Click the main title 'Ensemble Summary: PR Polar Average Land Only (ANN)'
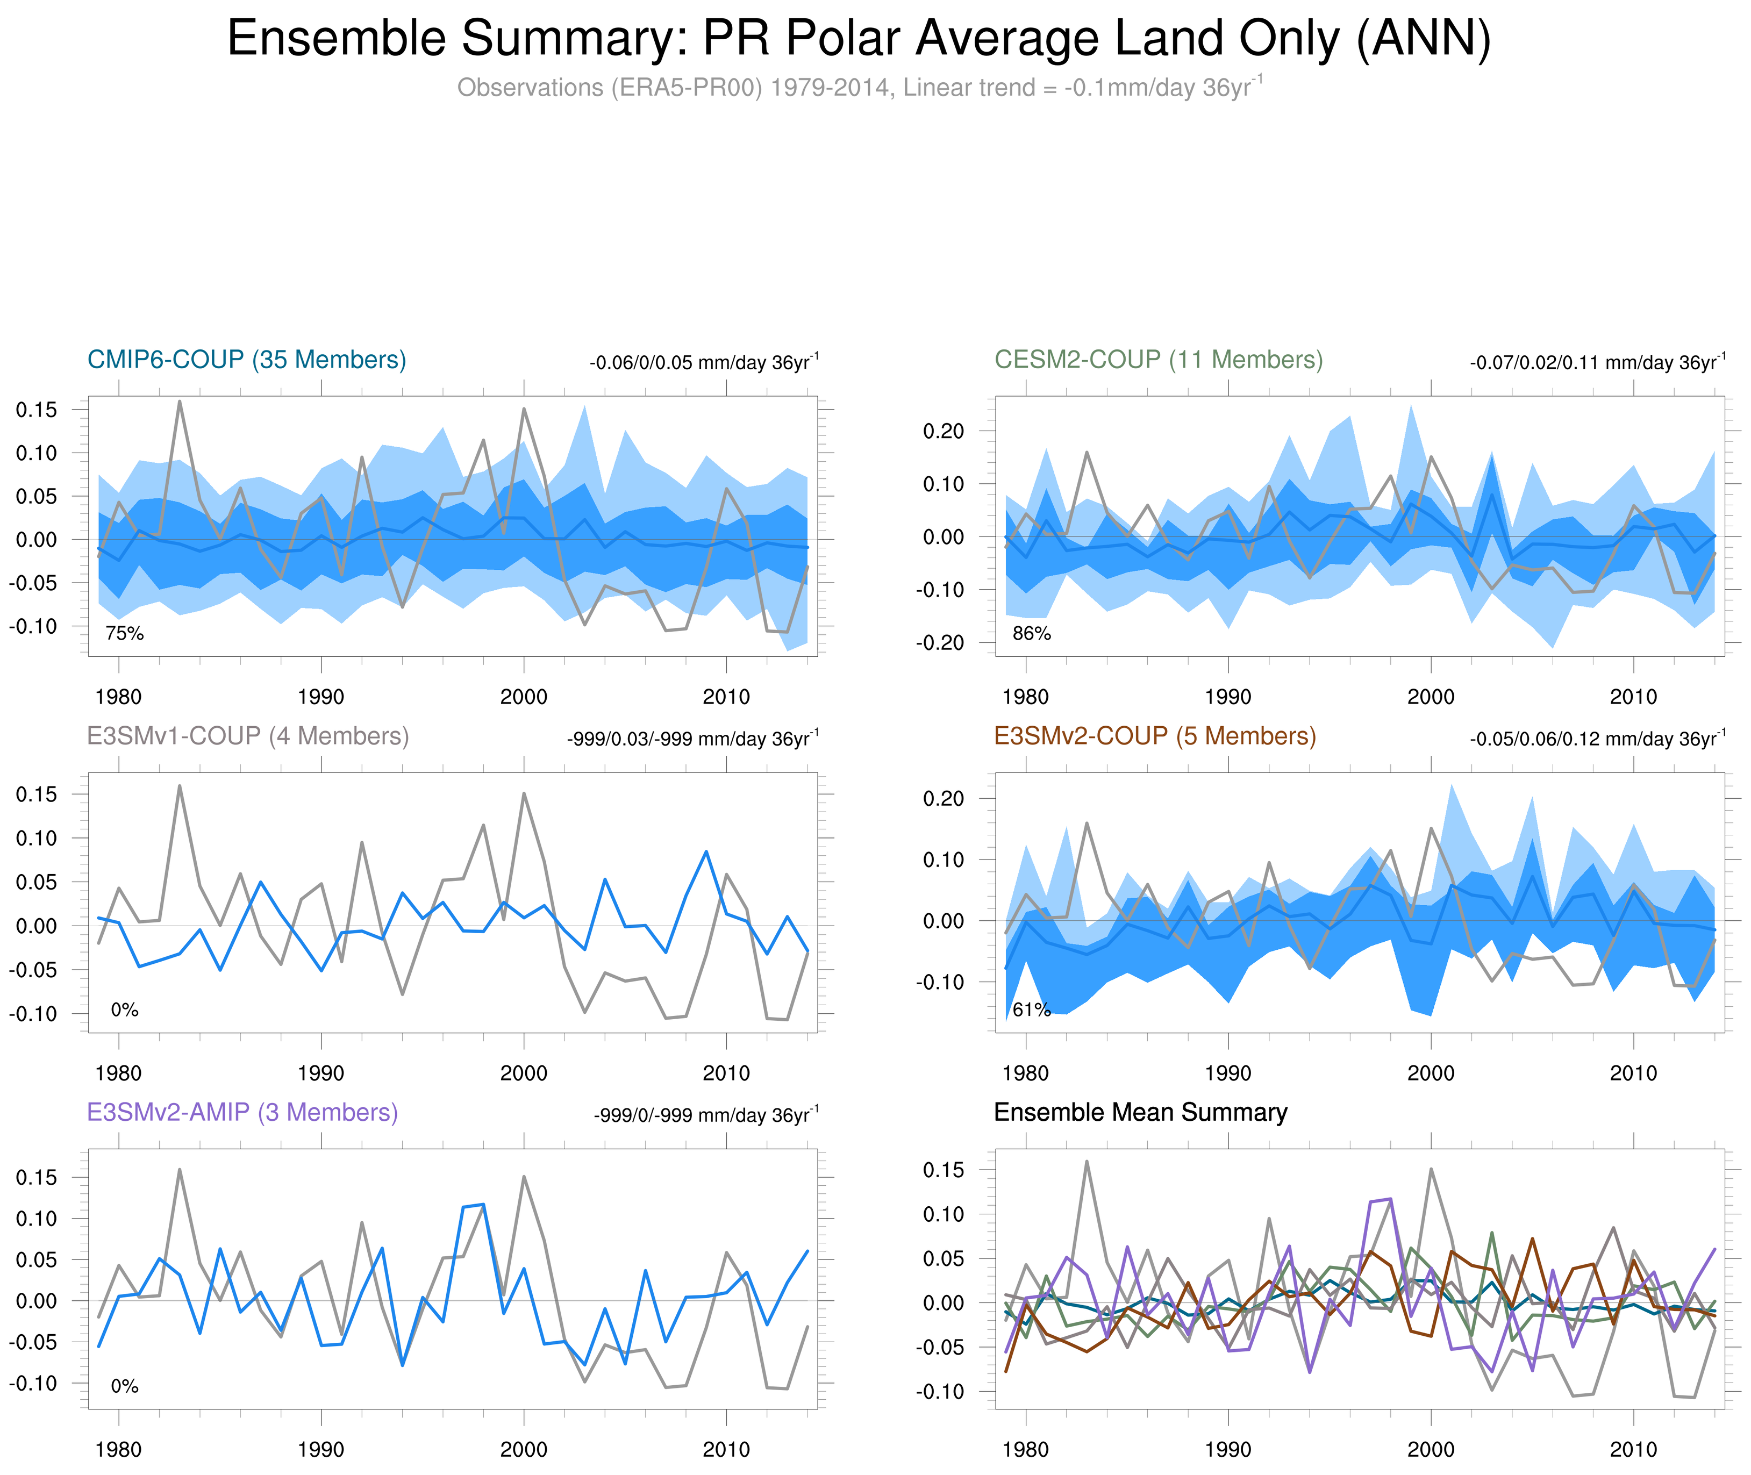click(x=859, y=39)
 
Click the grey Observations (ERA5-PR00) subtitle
click(x=859, y=88)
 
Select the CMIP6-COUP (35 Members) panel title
click(x=247, y=360)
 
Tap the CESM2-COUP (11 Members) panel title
click(x=1158, y=360)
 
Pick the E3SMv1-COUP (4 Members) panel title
click(x=247, y=736)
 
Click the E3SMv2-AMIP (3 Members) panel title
click(x=242, y=1112)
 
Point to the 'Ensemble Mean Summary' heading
click(x=1141, y=1112)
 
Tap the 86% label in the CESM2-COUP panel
click(x=1031, y=634)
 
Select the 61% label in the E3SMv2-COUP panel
click(x=1031, y=1010)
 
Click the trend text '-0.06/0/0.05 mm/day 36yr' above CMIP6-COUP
click(x=703, y=363)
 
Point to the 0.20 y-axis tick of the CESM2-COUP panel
click(x=943, y=432)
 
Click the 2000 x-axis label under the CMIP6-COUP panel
click(x=524, y=697)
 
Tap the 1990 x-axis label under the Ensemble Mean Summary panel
click(x=1227, y=1449)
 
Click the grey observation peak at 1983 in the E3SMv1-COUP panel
click(x=180, y=786)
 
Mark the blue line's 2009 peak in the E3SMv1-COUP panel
click(x=706, y=852)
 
